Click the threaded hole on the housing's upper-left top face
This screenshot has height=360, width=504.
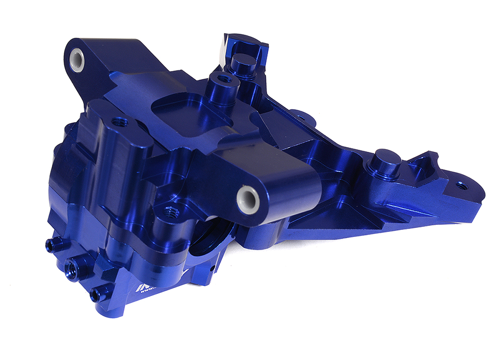(119, 121)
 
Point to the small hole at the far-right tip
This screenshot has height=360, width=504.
(461, 185)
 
